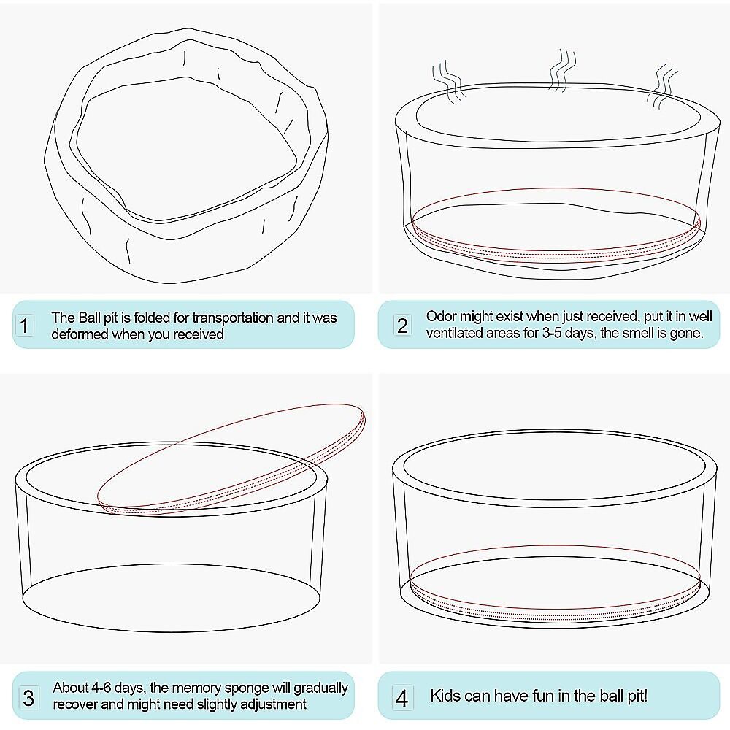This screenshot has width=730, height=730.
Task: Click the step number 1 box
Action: click(x=24, y=325)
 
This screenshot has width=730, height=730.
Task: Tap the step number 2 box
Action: click(x=402, y=325)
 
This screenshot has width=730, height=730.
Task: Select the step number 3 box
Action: click(x=28, y=697)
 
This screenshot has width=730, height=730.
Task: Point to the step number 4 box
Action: click(x=401, y=697)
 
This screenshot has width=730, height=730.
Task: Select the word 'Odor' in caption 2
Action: click(x=441, y=316)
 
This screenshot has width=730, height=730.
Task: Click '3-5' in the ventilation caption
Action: click(x=552, y=333)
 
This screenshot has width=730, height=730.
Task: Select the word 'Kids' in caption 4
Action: click(x=445, y=696)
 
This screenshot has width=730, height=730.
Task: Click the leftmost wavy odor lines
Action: click(x=449, y=82)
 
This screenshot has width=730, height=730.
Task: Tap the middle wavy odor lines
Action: click(x=562, y=70)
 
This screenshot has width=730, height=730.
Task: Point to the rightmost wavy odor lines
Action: click(x=663, y=87)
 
